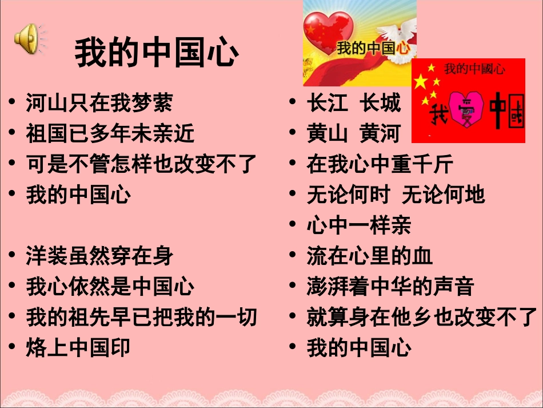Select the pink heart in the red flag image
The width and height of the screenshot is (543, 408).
(x=467, y=109)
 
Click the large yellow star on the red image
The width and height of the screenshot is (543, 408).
(x=421, y=82)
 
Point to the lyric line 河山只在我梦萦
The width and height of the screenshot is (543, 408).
(x=99, y=104)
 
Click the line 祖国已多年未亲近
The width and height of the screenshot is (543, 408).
(x=110, y=134)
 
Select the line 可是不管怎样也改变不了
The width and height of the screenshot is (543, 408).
(x=142, y=165)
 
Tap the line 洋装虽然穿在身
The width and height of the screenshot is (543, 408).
(x=99, y=256)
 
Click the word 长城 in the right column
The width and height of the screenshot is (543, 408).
(x=381, y=104)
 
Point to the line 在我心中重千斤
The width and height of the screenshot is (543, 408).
(x=380, y=165)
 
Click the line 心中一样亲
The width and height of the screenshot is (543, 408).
(x=359, y=225)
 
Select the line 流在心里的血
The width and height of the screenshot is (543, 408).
(x=370, y=256)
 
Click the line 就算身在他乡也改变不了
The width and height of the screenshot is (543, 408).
(x=422, y=317)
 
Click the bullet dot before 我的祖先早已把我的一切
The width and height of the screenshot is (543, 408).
(x=13, y=317)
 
